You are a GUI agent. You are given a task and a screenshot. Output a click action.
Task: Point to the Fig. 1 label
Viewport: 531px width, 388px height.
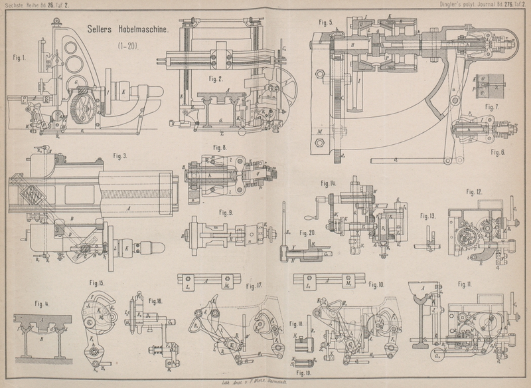pos(20,57)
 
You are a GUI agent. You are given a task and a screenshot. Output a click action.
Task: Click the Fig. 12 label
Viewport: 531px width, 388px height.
pos(474,192)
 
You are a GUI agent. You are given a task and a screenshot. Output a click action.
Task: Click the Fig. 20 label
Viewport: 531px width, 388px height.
pos(307,233)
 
